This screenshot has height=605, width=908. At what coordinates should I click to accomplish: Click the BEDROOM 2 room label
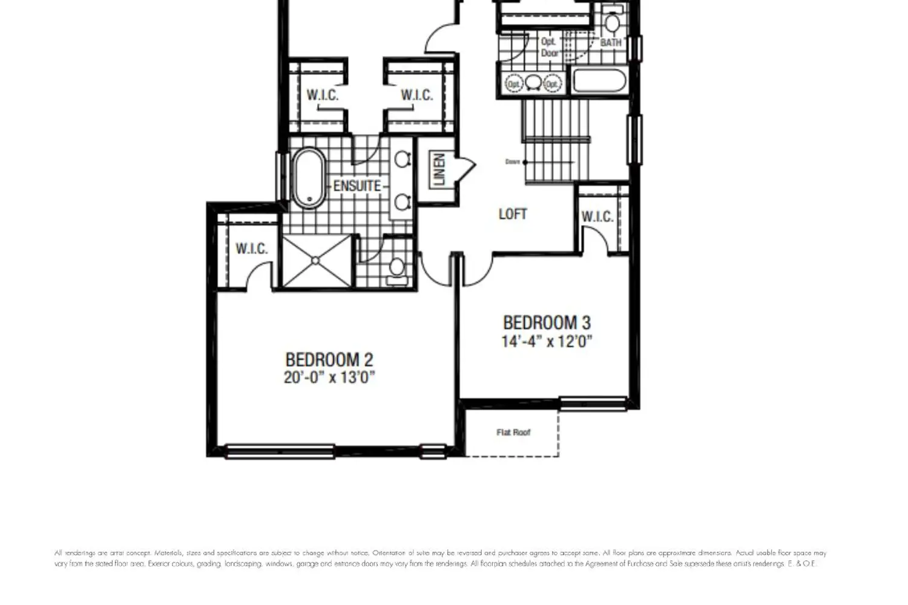329,359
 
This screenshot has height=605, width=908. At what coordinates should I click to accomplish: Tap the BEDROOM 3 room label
546,322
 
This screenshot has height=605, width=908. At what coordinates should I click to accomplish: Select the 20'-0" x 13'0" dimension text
329,378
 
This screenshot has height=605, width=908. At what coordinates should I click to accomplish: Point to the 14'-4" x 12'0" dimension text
546,341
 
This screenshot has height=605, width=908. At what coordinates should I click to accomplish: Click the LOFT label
512,214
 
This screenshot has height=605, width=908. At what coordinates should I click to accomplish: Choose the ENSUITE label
357,186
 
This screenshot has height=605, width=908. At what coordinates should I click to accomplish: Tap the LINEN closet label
439,169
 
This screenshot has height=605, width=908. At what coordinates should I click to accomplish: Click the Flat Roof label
513,432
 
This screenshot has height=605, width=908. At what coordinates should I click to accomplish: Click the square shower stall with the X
317,261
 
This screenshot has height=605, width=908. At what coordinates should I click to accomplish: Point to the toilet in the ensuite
397,268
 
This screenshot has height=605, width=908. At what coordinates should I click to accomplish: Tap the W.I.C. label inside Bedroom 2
251,249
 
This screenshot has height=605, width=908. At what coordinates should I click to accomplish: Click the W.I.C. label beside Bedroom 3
597,217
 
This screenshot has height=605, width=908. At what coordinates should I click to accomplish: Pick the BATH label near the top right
611,43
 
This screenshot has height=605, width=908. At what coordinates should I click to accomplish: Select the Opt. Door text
549,47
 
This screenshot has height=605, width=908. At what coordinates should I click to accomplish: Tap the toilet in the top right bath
613,22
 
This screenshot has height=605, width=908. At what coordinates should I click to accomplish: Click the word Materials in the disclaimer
168,553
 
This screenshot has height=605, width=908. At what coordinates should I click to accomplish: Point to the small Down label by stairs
512,162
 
